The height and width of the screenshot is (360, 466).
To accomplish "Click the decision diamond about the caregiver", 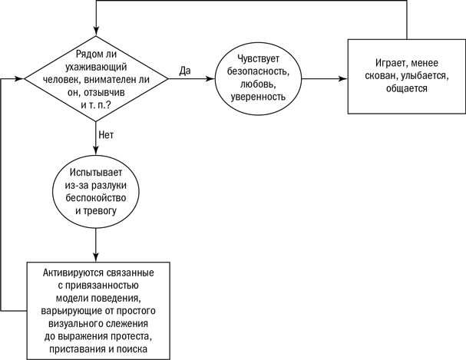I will (x=97, y=78).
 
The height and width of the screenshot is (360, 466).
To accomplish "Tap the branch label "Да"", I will (x=185, y=70).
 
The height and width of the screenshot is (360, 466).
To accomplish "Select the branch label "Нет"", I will (x=106, y=134).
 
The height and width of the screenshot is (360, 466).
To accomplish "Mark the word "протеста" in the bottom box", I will (x=125, y=338).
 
